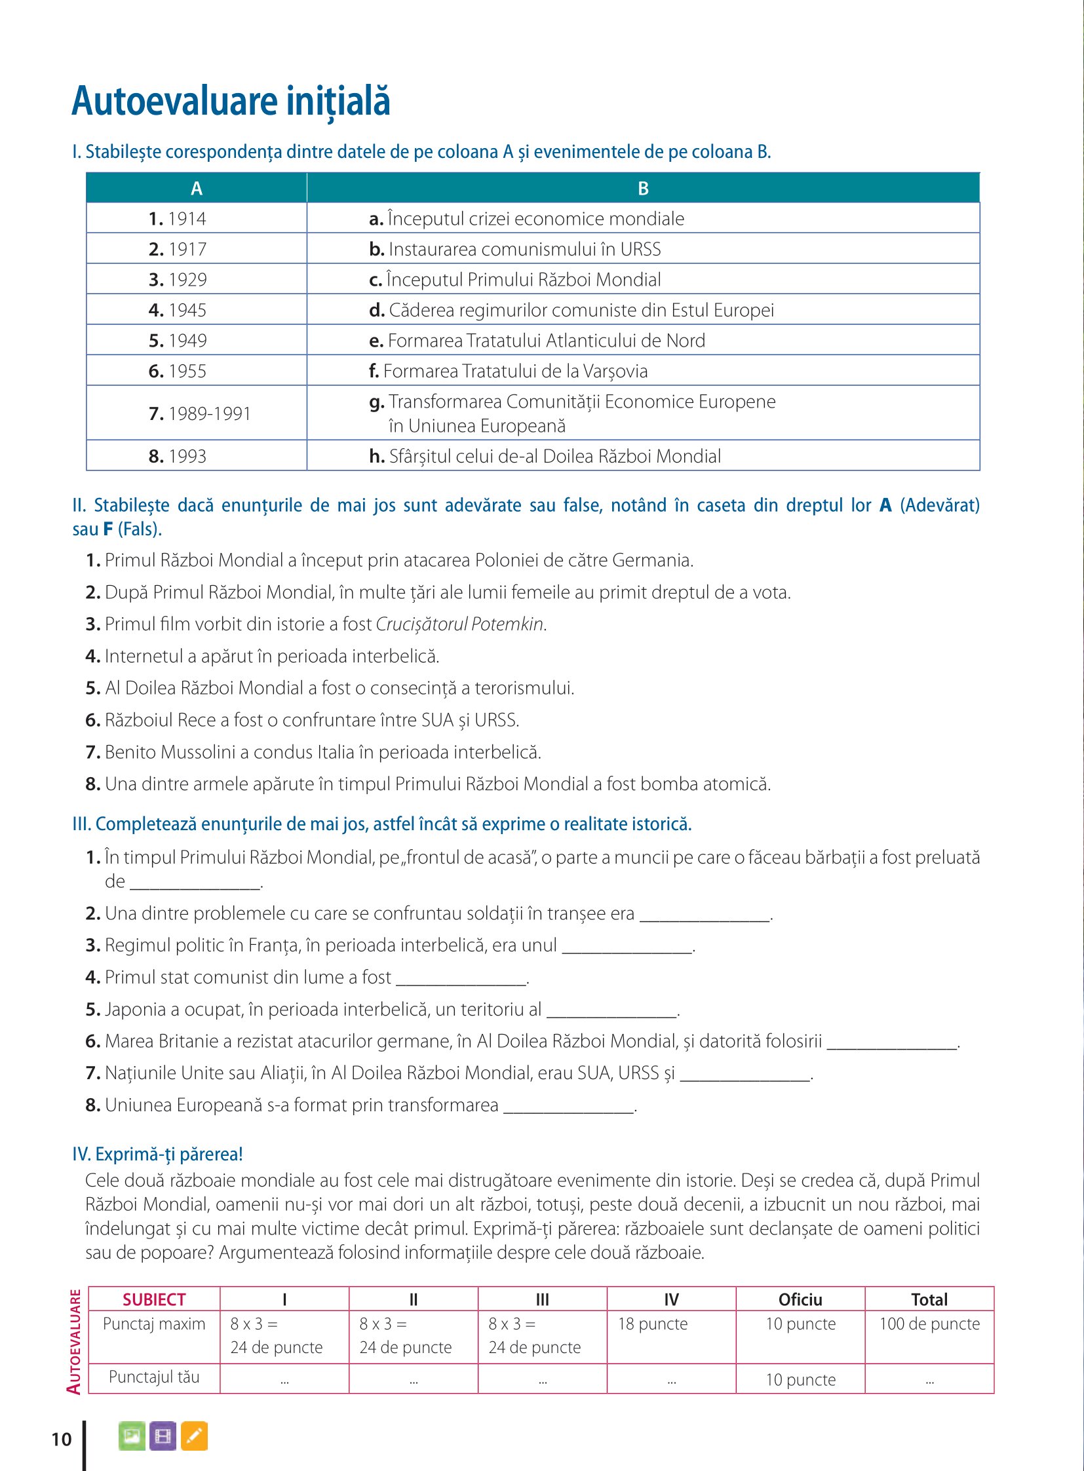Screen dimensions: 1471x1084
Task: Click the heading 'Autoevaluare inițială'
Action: pyautogui.click(x=231, y=102)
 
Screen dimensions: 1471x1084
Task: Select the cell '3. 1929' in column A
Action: pyautogui.click(x=177, y=280)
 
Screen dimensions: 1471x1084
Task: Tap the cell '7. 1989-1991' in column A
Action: pyautogui.click(x=199, y=413)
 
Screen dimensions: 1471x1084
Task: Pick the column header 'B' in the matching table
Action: pyautogui.click(x=643, y=189)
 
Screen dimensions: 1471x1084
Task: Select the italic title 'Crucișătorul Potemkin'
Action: pyautogui.click(x=460, y=624)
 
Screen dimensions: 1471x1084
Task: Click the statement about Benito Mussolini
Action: pyautogui.click(x=322, y=752)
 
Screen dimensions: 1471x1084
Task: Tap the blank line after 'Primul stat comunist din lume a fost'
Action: pyautogui.click(x=461, y=979)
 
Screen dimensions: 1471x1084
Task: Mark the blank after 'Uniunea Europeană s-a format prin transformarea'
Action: pyautogui.click(x=568, y=1107)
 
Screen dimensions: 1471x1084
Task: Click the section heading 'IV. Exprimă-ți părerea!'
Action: pyautogui.click(x=157, y=1154)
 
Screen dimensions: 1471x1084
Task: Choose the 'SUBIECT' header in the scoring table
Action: pyautogui.click(x=154, y=1300)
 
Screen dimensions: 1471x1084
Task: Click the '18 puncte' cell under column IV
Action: pyautogui.click(x=653, y=1324)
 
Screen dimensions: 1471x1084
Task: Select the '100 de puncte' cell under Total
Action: pyautogui.click(x=929, y=1324)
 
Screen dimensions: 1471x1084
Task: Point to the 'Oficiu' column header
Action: pyautogui.click(x=800, y=1300)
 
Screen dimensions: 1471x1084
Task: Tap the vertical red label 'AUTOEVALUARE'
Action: pyautogui.click(x=75, y=1342)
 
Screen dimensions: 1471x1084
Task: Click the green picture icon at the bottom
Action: pyautogui.click(x=132, y=1436)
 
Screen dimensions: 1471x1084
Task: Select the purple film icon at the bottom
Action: pyautogui.click(x=163, y=1436)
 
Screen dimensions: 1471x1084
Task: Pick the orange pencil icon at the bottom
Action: pyautogui.click(x=194, y=1436)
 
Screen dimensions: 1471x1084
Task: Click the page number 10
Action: pyautogui.click(x=62, y=1440)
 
